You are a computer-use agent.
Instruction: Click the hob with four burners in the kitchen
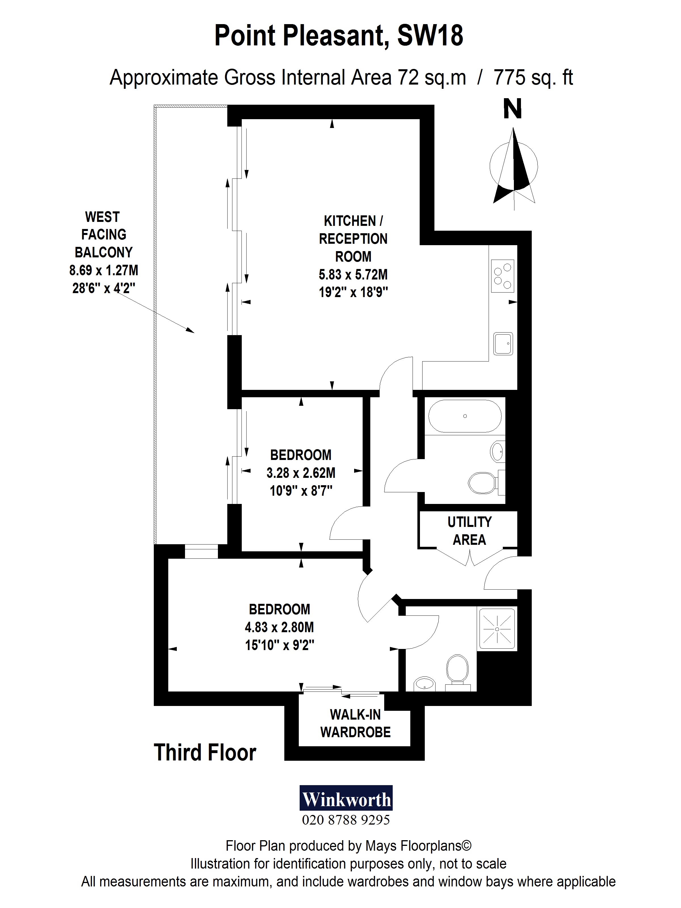[503, 276]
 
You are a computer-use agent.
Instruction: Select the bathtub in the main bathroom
[465, 416]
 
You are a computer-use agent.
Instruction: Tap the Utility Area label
[469, 531]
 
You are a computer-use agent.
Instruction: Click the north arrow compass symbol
[514, 168]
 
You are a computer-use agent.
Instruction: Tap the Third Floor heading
[205, 753]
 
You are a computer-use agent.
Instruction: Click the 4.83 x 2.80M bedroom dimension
[279, 627]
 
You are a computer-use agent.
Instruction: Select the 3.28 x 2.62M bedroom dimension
[300, 473]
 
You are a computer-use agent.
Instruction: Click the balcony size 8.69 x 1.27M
[104, 270]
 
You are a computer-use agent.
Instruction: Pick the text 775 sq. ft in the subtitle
[533, 77]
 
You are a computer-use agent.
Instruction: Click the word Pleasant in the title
[335, 36]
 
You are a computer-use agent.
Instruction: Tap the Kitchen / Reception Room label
[353, 239]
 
